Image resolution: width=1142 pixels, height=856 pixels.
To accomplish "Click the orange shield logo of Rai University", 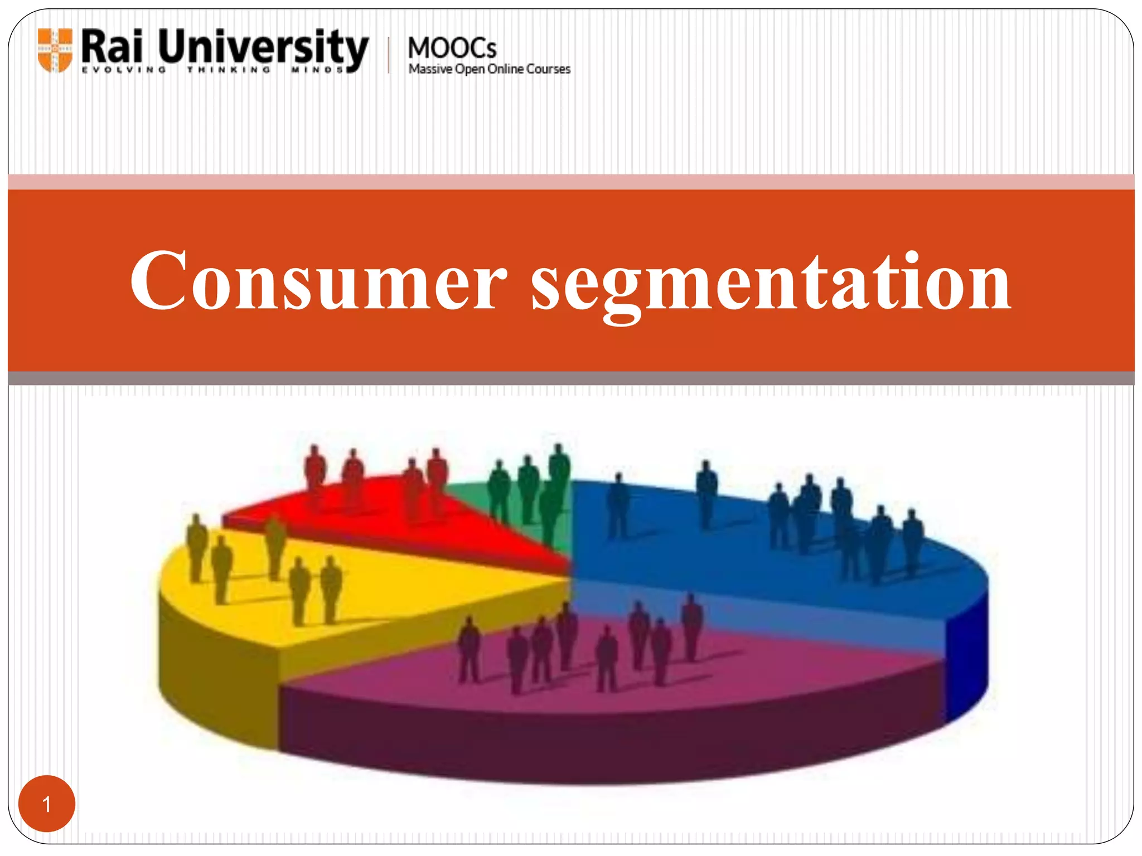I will [x=55, y=50].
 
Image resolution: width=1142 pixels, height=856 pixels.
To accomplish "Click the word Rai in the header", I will [x=112, y=47].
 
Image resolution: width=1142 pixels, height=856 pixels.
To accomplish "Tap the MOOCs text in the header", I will [x=452, y=48].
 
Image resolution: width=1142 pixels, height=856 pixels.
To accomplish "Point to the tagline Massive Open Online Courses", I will [x=489, y=69].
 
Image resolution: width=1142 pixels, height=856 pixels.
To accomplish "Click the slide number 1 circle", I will [x=47, y=804].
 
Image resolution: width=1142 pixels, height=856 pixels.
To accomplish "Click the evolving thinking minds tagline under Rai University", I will [x=212, y=70].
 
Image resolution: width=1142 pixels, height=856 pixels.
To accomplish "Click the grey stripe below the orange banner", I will [x=571, y=378].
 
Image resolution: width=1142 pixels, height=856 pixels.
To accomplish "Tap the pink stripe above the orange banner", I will [x=571, y=182].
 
